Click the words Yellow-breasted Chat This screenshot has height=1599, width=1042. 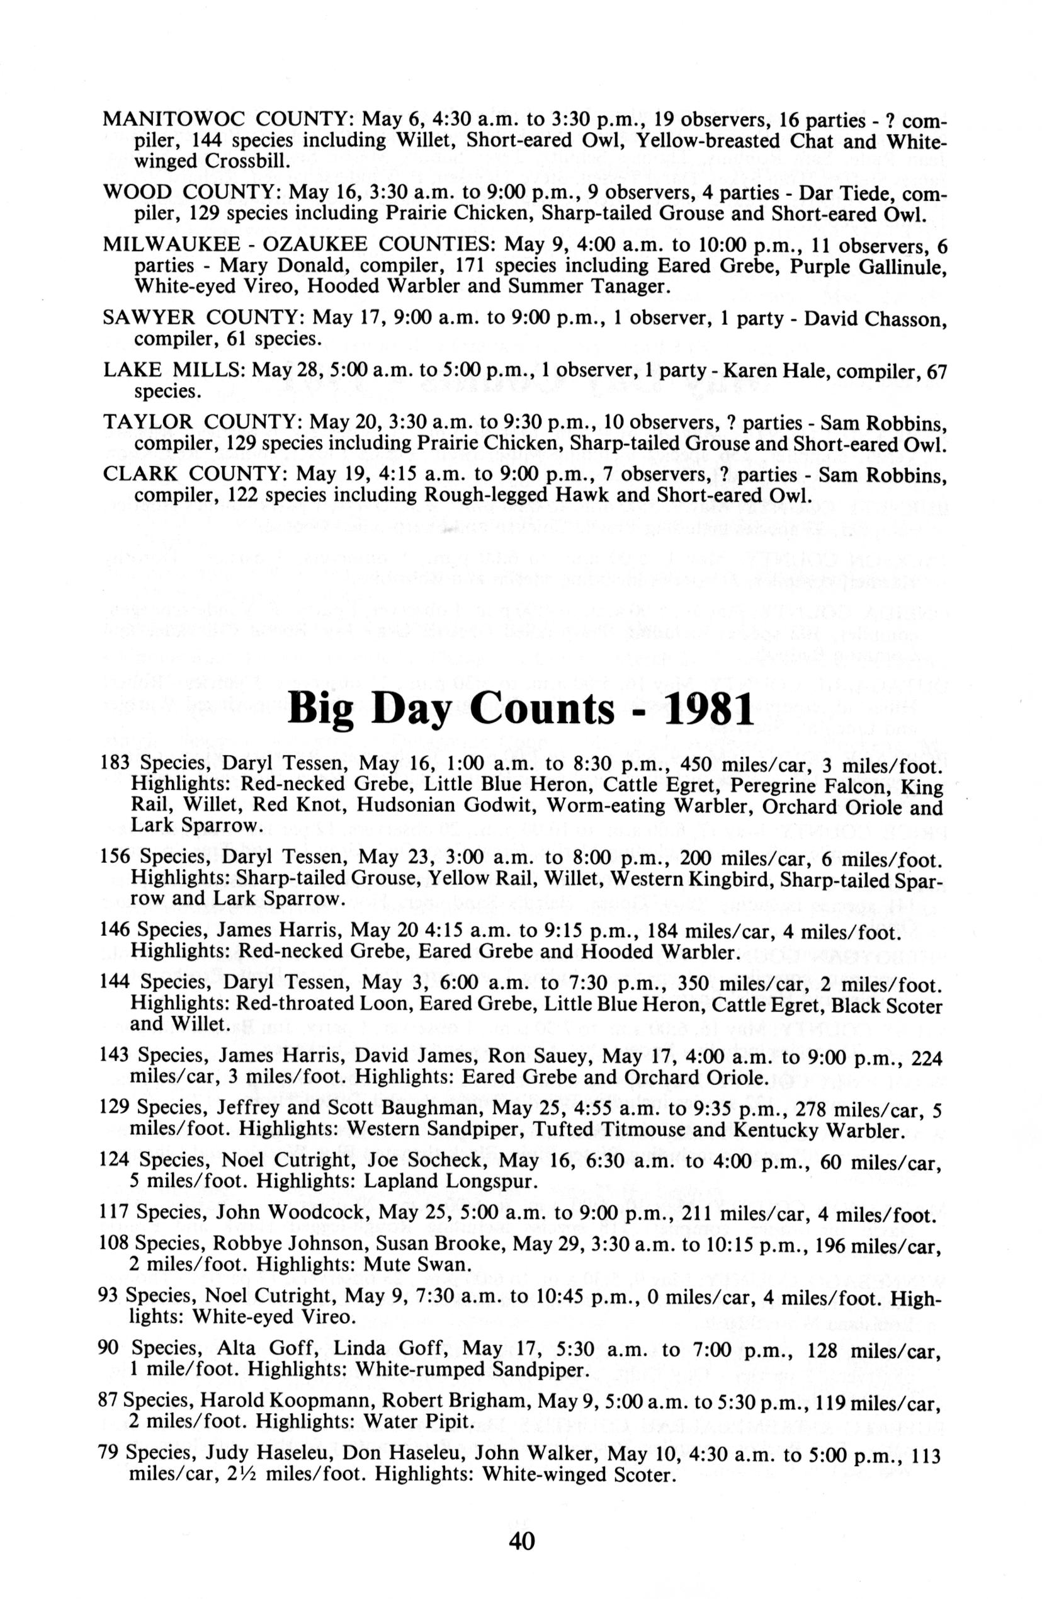746,141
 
